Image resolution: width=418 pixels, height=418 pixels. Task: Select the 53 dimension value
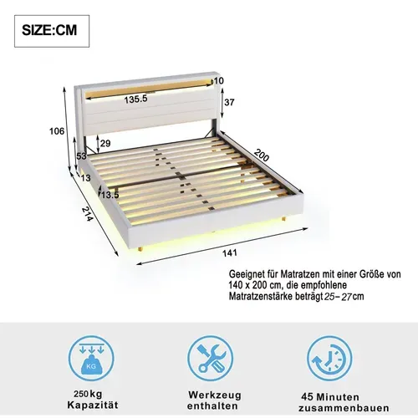pyautogui.click(x=81, y=155)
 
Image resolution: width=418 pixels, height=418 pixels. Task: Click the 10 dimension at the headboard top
pyautogui.click(x=220, y=80)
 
